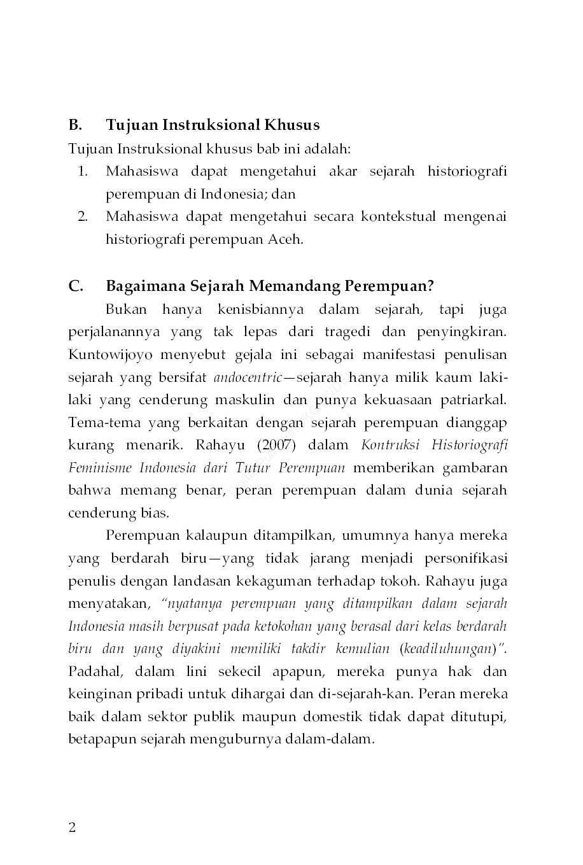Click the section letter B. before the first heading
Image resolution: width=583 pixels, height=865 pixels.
point(75,125)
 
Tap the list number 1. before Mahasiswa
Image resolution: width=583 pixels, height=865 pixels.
point(83,171)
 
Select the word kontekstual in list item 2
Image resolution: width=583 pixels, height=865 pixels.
point(398,216)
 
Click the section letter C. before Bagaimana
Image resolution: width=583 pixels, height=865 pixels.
point(75,286)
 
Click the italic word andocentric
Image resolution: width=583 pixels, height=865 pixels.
point(247,377)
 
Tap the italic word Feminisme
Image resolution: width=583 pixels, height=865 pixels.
point(99,468)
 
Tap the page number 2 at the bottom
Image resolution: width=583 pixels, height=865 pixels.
point(72,827)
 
